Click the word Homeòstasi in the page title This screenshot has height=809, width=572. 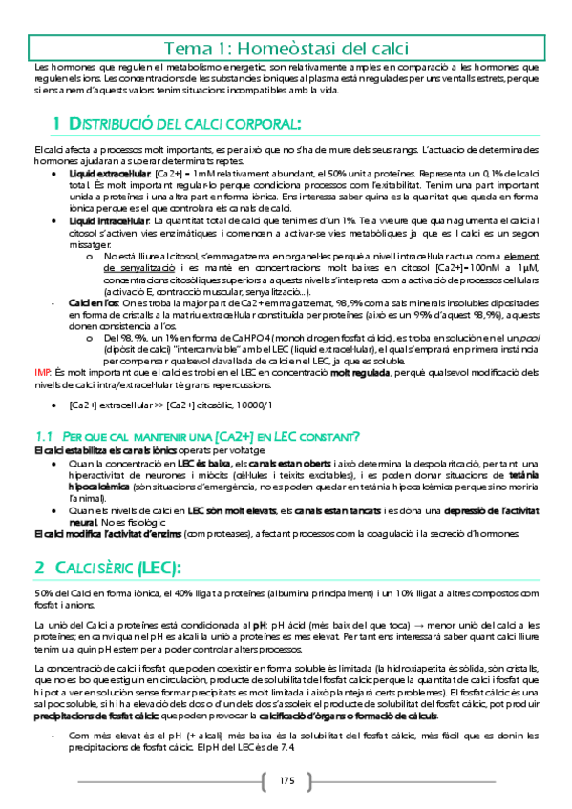pyautogui.click(x=274, y=48)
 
